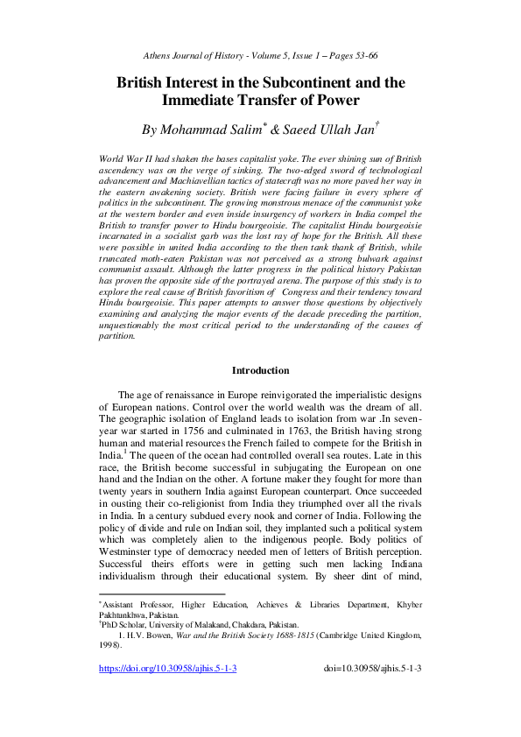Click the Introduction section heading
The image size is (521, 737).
pos(260,371)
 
